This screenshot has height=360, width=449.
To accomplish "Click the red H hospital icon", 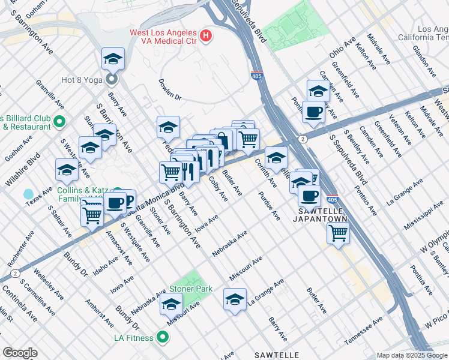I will (x=206, y=36).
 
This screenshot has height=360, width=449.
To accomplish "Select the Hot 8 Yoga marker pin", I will (x=112, y=79).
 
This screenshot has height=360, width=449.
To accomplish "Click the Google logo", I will (x=20, y=353).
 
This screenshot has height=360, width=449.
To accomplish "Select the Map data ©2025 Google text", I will (x=411, y=355).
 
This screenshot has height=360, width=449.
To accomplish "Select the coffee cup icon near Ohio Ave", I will (x=314, y=111).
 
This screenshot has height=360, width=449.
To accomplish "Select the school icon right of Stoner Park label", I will (x=235, y=299).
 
